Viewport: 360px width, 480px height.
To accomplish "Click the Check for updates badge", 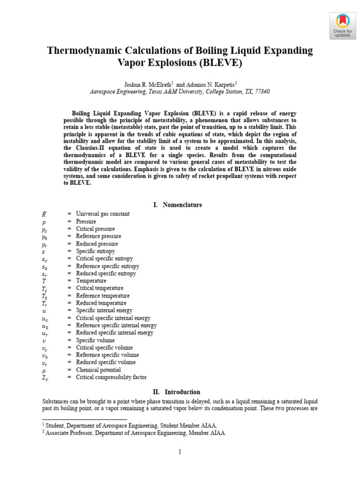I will pos(342,25).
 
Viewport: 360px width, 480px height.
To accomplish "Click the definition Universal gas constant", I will pos(103,214).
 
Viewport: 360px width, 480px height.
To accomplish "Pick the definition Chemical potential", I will pos(98,370).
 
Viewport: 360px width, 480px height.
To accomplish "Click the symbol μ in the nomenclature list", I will pos(45,370).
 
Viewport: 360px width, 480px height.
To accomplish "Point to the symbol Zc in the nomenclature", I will pos(45,377).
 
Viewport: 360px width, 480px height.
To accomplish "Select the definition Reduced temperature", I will pos(101,303).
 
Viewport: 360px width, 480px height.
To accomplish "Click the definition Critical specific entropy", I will pos(104,259).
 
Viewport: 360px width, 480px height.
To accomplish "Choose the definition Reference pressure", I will pos(98,236).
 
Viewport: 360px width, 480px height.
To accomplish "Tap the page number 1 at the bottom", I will pos(180,452).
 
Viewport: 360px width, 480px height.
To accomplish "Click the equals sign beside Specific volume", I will pos(69,340).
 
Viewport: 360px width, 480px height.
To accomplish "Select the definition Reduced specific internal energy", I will pos(114,333).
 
